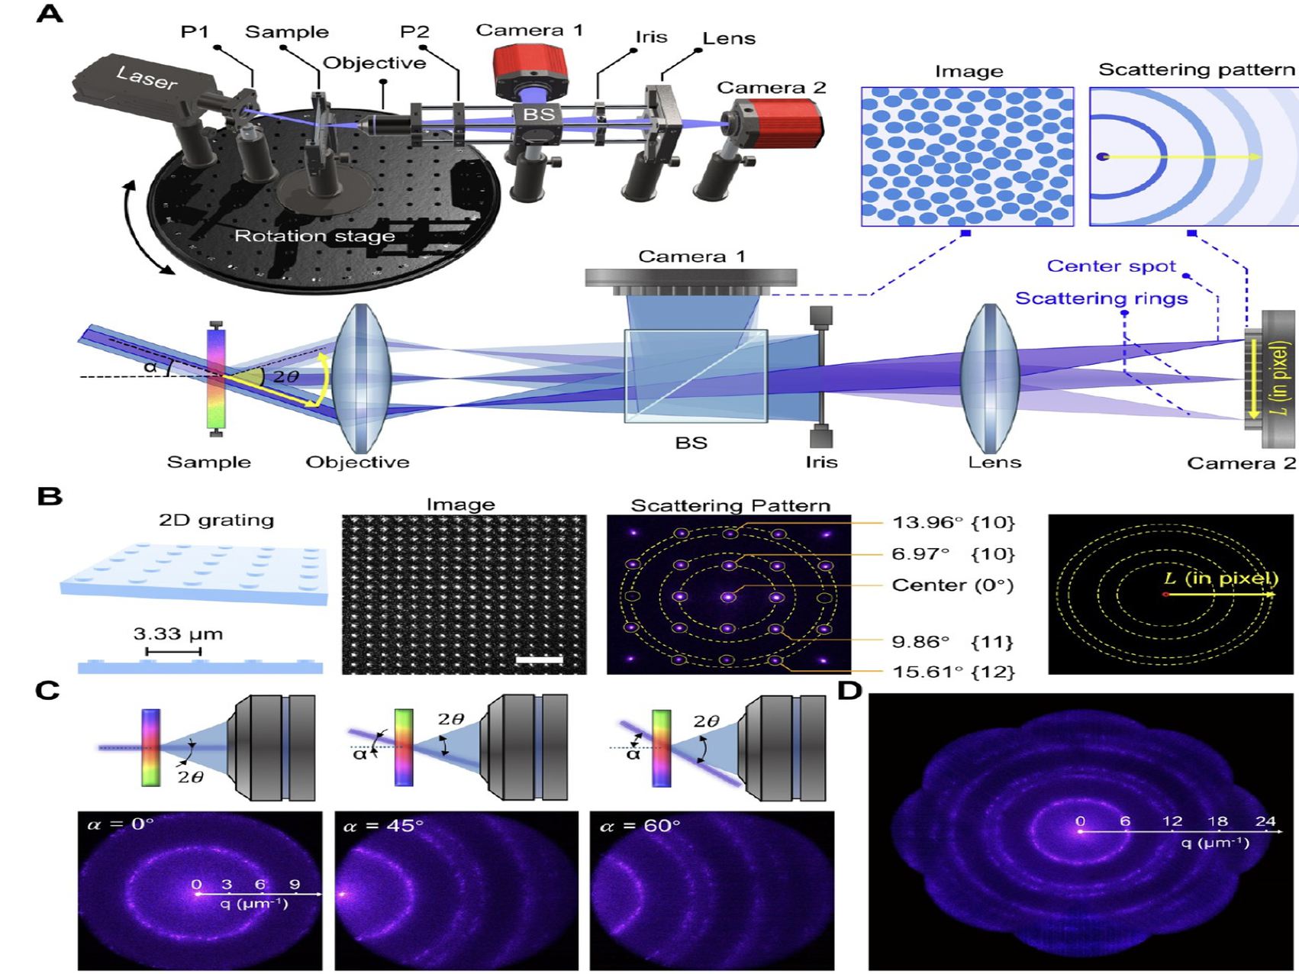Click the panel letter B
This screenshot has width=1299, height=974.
50,497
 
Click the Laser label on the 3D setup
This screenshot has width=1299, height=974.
147,77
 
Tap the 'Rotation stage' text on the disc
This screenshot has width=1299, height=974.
314,236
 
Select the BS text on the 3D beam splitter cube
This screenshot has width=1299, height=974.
538,115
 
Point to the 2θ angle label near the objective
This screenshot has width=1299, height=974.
285,376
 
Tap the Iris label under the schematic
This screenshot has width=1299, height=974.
821,462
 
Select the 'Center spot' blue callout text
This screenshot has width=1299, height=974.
1110,266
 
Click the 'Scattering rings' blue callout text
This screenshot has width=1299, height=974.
1101,298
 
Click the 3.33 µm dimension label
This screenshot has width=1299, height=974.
178,634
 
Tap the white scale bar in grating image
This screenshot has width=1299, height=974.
539,659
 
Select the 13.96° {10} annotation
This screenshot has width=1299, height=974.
953,523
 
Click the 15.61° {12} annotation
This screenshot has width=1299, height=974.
953,672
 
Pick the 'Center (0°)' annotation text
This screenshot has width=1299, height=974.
952,585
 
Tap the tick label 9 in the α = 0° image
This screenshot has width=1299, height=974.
295,885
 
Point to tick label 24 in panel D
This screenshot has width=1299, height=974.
1265,821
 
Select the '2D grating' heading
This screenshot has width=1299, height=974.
216,521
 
